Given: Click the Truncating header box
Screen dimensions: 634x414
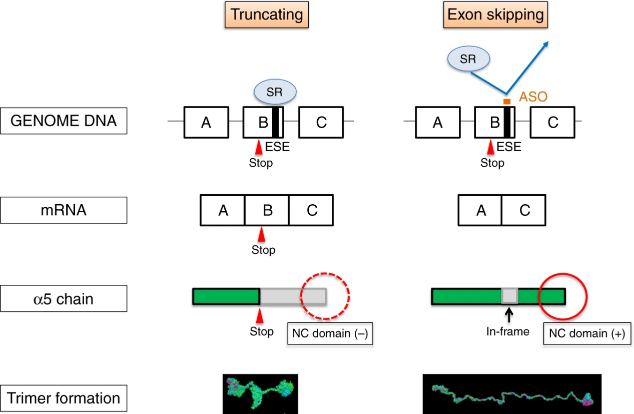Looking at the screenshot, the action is [267, 15].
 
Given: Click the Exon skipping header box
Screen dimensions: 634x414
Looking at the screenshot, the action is [495, 15].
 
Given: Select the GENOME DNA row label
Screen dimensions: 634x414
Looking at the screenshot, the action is [64, 121].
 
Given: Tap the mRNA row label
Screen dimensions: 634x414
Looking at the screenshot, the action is [64, 210].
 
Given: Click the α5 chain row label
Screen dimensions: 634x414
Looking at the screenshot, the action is [64, 298].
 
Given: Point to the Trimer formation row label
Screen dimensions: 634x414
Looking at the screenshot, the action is [64, 398].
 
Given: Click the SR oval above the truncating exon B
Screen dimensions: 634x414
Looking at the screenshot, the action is [275, 92].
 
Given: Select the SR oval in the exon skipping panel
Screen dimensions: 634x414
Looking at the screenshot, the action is [468, 59].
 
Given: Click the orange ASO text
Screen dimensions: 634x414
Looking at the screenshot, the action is [533, 97].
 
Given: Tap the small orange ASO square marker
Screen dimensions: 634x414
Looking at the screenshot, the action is [507, 102].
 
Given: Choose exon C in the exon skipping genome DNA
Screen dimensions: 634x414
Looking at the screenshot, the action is [552, 122].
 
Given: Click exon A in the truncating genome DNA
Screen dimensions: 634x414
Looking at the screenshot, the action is [206, 122].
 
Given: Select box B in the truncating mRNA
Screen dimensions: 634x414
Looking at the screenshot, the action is [267, 210].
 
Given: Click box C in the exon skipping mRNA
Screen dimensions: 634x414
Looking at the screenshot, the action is [523, 210].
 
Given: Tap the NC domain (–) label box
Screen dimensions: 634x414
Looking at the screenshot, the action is [330, 333].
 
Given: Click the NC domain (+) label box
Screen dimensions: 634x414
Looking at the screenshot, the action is [587, 333].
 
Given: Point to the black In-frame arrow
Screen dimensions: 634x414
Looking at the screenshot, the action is [509, 315].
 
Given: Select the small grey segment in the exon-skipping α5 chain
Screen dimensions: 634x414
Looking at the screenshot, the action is [510, 296].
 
